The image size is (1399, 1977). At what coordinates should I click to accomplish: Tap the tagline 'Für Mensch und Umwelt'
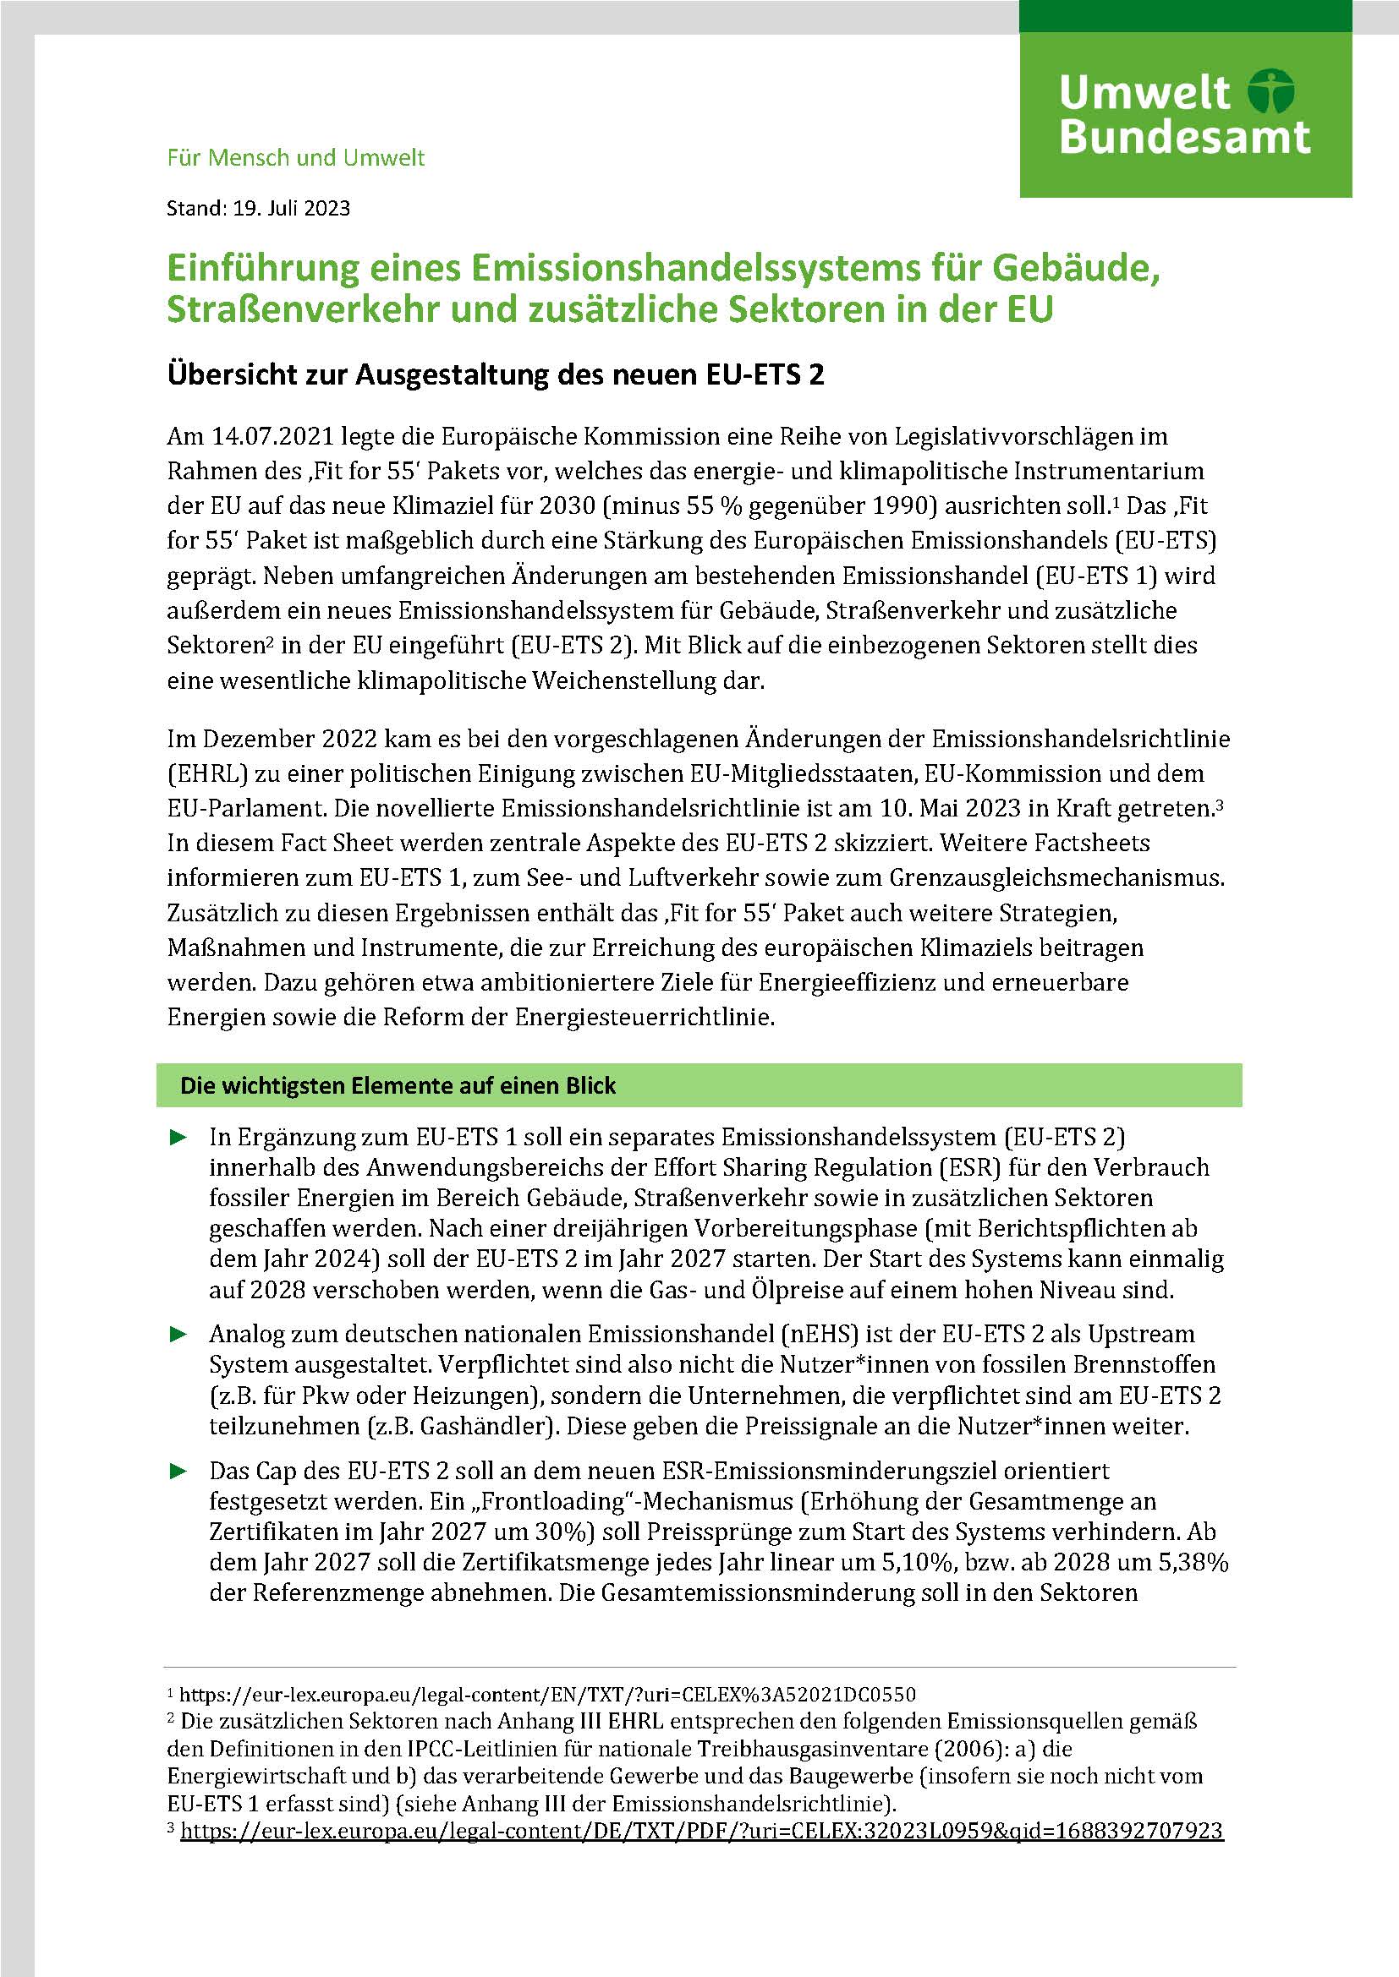pos(295,157)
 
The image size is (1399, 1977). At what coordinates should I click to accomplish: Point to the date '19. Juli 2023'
pos(291,209)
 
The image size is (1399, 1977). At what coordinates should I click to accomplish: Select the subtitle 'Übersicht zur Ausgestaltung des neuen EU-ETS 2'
pos(496,375)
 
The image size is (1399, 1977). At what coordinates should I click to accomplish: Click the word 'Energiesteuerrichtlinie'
pos(645,1017)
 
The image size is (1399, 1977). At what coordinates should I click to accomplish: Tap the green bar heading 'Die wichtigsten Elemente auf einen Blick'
pos(398,1086)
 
